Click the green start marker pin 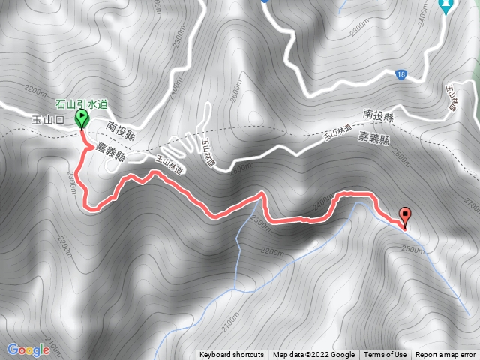81,118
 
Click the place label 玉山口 47,119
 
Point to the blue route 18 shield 403,73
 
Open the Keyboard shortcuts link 232,355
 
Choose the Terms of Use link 385,355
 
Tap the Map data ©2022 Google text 313,355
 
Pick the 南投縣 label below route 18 378,114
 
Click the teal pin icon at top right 446,7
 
